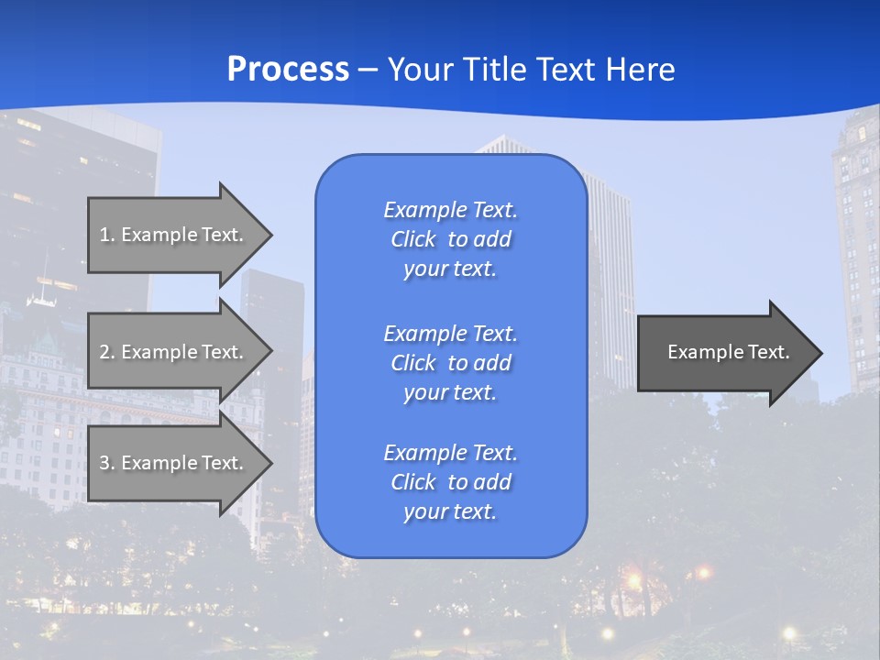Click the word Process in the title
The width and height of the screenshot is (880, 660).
(x=288, y=70)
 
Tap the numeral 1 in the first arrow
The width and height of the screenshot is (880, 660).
(x=104, y=235)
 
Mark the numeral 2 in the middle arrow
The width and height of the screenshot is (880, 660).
(x=104, y=352)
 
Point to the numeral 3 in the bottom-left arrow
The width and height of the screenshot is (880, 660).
(x=104, y=463)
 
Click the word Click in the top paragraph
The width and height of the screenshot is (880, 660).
(x=412, y=239)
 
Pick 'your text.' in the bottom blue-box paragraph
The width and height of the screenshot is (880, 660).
(x=450, y=511)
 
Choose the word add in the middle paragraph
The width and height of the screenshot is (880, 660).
(x=494, y=363)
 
